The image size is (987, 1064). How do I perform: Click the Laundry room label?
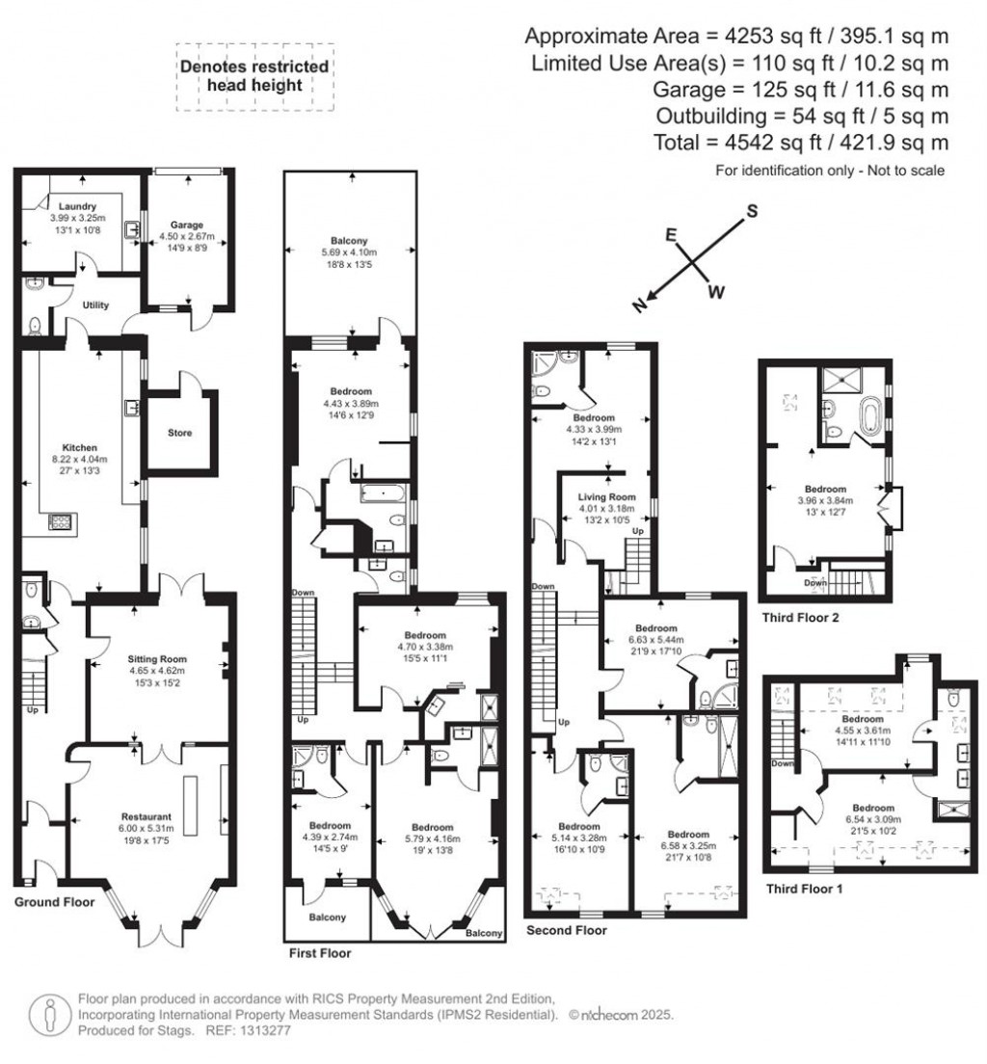point(75,206)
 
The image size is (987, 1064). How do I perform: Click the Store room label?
point(179,433)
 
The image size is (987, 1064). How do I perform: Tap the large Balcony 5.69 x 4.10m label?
point(350,241)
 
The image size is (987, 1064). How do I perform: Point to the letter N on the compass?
point(638,306)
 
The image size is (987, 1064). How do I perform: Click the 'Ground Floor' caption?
point(55,903)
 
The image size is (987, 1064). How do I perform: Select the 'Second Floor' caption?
point(567,930)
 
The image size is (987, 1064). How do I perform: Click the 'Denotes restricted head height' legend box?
point(254,76)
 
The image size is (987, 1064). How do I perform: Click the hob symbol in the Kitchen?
point(60,522)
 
